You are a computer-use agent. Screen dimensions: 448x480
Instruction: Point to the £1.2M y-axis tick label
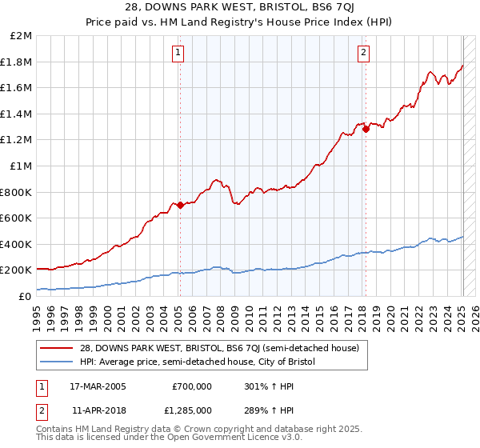pyautogui.click(x=18, y=140)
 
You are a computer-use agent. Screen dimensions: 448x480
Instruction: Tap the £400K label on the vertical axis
pyautogui.click(x=16, y=244)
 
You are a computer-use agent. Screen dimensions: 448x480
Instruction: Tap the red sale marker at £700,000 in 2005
pyautogui.click(x=180, y=205)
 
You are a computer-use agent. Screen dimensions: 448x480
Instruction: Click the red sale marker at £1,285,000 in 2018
pyautogui.click(x=366, y=129)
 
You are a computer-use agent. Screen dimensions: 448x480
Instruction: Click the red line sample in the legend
pyautogui.click(x=58, y=348)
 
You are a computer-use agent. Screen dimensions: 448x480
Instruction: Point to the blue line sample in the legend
pyautogui.click(x=58, y=362)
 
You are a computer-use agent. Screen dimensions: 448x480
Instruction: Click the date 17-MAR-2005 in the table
pyautogui.click(x=98, y=386)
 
